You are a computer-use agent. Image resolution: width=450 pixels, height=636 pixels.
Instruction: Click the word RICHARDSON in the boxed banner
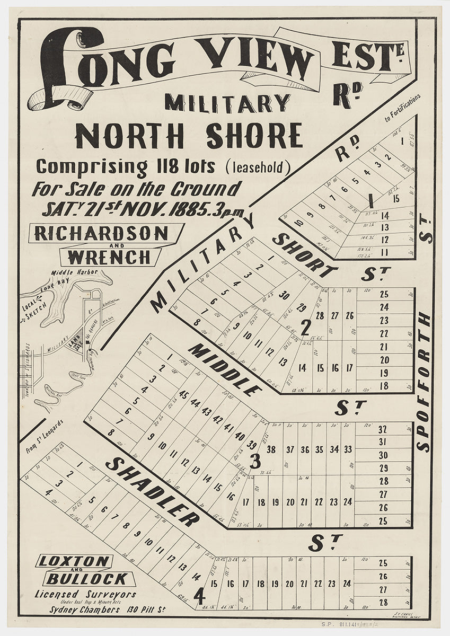[x=101, y=234]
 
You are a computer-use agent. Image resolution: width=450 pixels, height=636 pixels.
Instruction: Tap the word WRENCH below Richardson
[x=110, y=257]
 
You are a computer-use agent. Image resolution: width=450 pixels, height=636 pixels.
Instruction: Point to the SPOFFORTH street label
[x=424, y=382]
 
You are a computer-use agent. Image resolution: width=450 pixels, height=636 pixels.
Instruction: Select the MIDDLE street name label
[x=225, y=370]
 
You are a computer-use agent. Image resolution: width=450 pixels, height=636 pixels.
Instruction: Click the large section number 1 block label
[x=371, y=201]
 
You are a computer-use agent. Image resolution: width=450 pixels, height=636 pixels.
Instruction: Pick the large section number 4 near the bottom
[x=199, y=597]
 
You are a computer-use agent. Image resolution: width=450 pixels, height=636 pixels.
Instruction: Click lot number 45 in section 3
[x=184, y=394]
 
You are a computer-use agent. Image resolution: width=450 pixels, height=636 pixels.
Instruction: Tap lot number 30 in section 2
[x=285, y=296]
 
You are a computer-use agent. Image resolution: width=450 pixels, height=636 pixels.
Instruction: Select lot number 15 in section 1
[x=396, y=199]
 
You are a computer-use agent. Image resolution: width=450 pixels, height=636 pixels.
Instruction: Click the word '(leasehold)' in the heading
[x=258, y=167]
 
